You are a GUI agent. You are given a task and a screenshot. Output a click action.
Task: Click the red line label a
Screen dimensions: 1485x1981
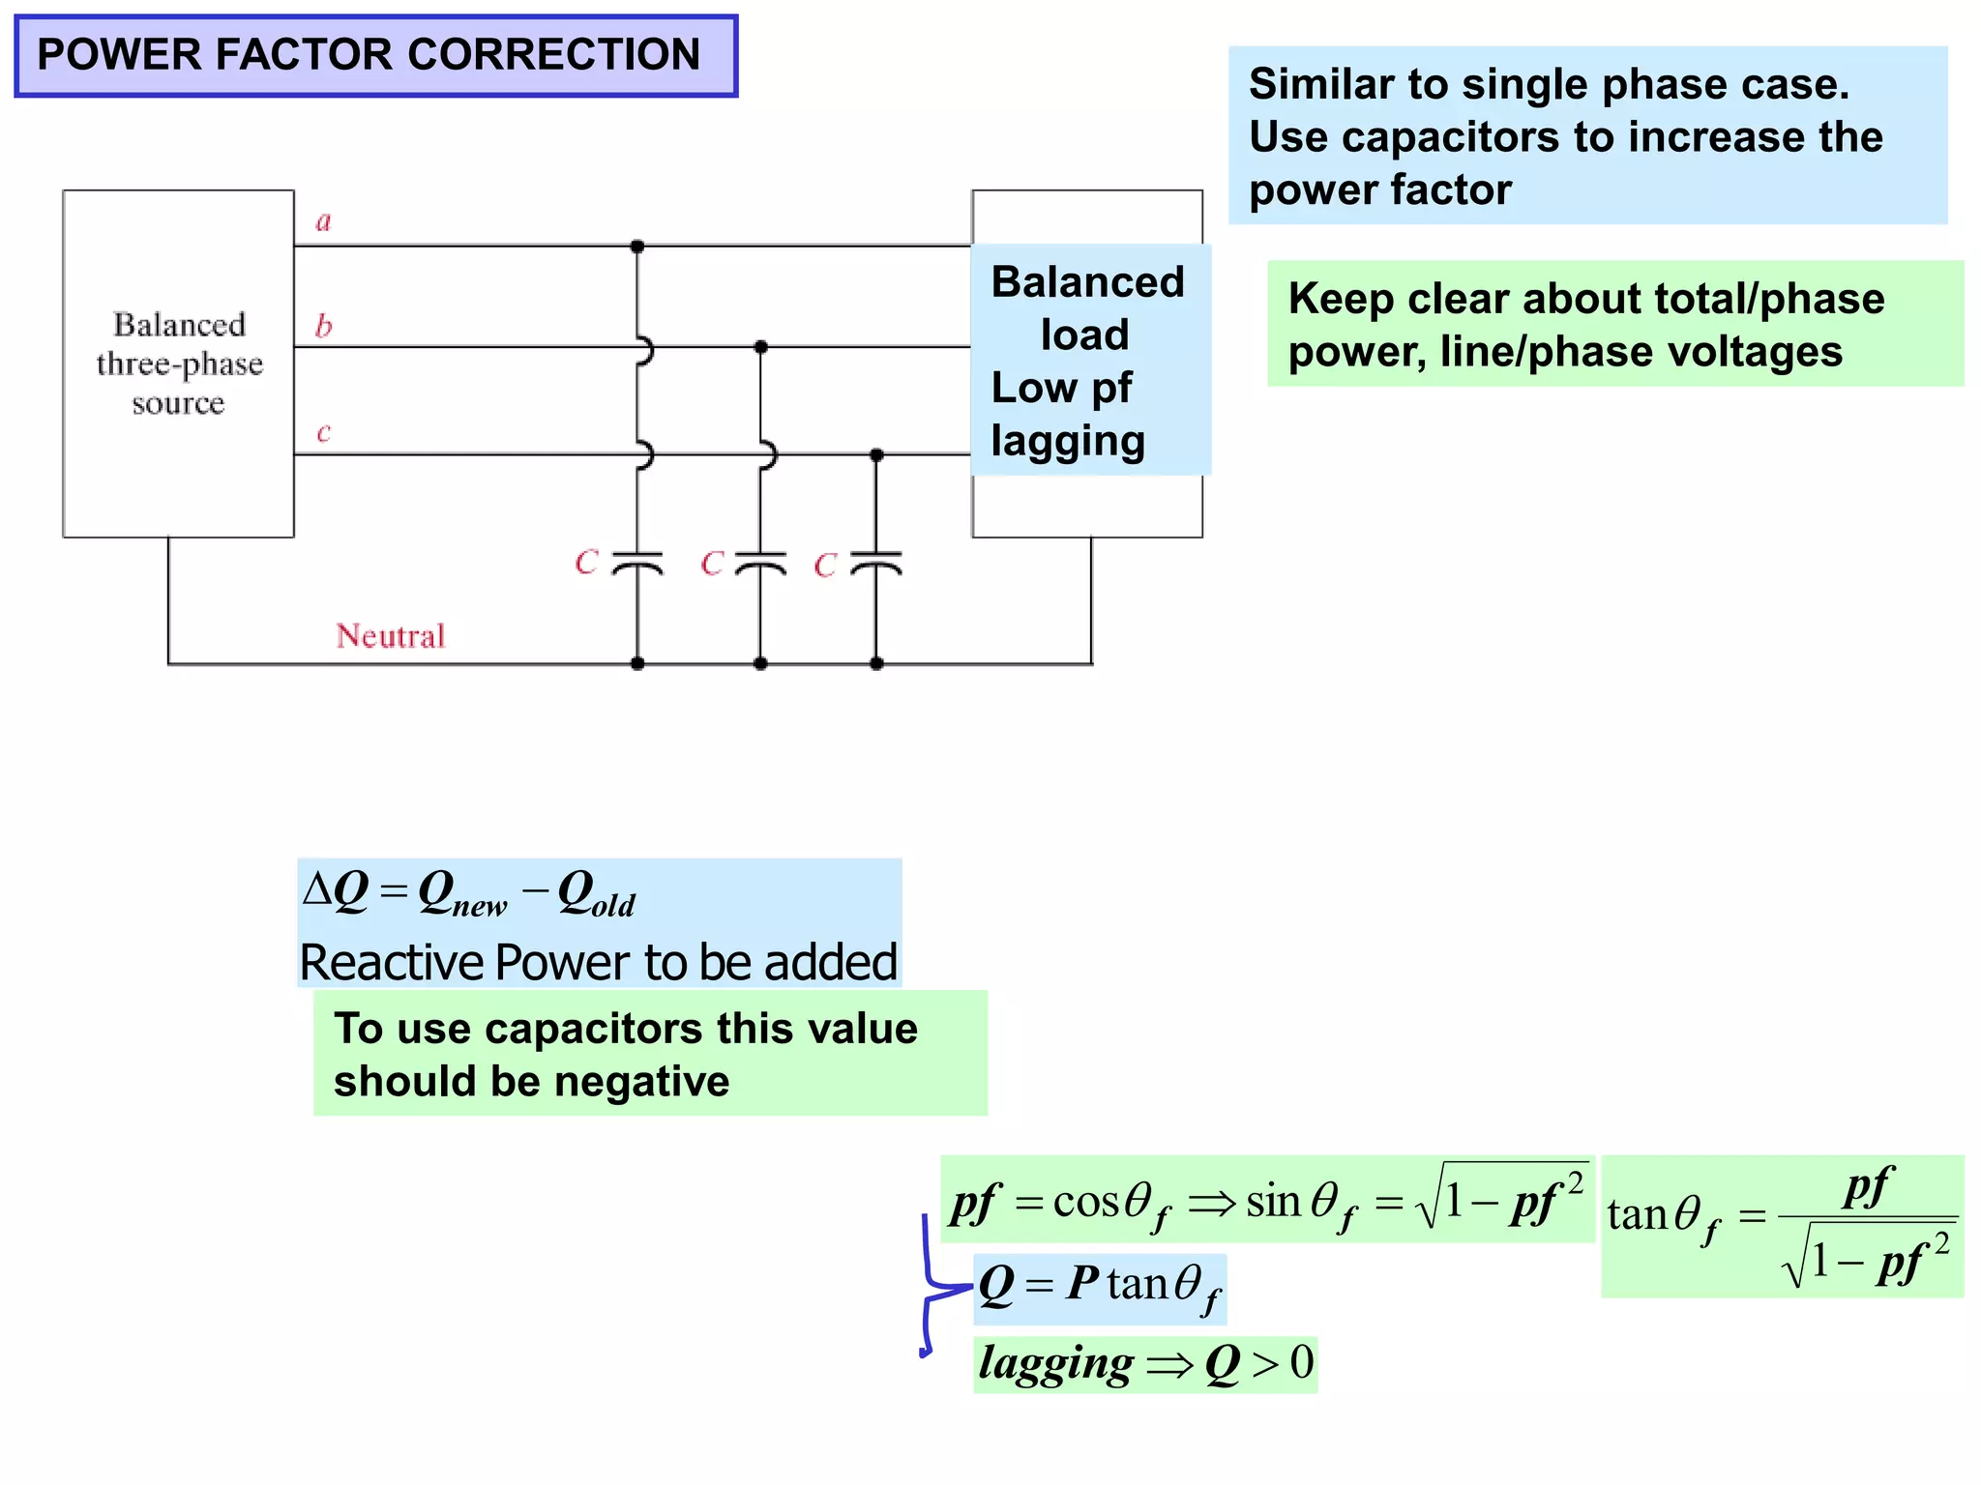click(x=324, y=221)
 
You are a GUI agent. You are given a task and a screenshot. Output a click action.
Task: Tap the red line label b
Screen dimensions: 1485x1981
click(x=324, y=326)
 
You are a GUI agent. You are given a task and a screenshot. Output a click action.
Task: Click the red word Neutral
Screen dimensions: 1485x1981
click(x=390, y=635)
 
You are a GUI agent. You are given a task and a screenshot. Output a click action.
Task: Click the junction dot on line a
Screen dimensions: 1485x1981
click(x=636, y=247)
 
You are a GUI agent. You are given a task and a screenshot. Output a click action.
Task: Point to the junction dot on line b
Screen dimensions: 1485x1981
click(x=760, y=346)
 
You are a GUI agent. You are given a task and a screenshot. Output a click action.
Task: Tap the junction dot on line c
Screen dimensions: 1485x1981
click(x=876, y=454)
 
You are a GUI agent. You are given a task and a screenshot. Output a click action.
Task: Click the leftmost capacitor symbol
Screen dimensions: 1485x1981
click(x=637, y=564)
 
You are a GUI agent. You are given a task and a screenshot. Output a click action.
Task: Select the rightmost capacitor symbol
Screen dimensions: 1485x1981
click(x=876, y=564)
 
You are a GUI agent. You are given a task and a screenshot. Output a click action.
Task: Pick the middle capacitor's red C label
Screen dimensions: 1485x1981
click(x=712, y=563)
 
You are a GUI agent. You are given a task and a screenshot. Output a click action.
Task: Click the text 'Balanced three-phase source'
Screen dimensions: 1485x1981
click(x=179, y=364)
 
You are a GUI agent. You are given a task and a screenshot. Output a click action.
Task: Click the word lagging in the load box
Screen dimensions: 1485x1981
click(x=1068, y=441)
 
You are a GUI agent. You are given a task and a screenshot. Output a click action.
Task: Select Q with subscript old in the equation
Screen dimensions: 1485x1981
click(x=595, y=893)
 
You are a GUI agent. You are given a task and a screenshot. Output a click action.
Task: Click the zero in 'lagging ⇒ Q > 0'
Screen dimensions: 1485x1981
click(x=1302, y=1362)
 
